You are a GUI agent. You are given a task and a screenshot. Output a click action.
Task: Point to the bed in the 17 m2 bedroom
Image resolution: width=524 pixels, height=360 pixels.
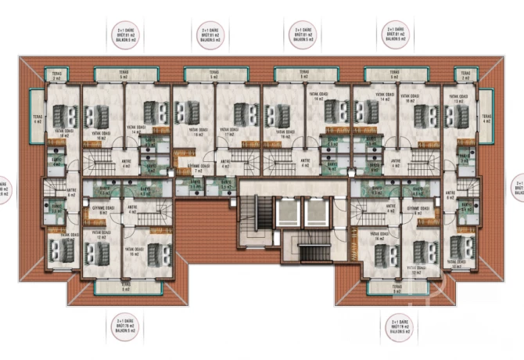(x=235, y=116)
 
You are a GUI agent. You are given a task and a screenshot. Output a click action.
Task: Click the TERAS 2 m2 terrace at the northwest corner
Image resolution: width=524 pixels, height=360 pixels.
(x=56, y=76)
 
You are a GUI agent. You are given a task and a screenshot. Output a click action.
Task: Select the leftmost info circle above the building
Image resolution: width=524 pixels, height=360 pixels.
(x=124, y=34)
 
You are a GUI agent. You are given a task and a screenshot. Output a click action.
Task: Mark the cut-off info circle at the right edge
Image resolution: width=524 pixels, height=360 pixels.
(x=519, y=189)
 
